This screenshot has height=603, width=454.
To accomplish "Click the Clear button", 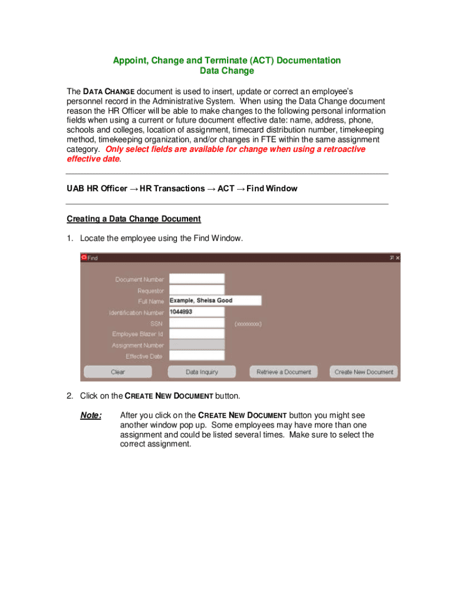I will (118, 372).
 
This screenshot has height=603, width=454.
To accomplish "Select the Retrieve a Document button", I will (284, 372).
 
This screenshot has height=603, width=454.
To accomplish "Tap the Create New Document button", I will (364, 372).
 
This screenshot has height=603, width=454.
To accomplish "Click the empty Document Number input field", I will (196, 279).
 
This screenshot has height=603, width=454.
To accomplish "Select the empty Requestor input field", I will (196, 290).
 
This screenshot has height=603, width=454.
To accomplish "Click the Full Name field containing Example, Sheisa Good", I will (215, 300).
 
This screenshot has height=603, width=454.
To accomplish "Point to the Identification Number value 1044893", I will (182, 312).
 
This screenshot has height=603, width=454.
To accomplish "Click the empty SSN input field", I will (196, 323).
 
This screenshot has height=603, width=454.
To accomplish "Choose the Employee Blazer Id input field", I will (196, 334).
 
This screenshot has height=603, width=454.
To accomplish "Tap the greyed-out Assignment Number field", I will (196, 345).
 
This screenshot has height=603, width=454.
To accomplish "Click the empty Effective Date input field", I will (196, 356).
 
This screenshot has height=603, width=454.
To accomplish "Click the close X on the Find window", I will (397, 258).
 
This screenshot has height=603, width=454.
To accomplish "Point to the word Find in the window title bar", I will (93, 258).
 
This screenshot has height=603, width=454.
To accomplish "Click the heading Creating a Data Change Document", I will (134, 219).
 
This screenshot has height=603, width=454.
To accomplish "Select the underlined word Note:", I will (91, 416).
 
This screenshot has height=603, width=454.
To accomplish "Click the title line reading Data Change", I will (227, 71).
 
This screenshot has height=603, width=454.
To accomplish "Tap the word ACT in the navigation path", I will (226, 188).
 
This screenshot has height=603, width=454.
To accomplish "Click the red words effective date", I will (93, 159).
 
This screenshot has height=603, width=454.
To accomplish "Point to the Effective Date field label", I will (143, 356).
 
